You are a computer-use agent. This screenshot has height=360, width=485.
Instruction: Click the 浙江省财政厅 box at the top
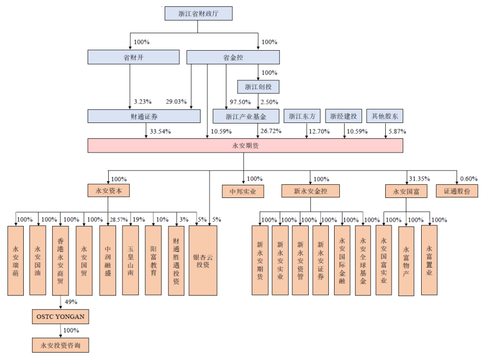point(198,14)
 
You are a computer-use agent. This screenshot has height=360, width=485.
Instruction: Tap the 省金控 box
point(233,57)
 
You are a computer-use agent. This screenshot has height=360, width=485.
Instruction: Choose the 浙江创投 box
point(258,87)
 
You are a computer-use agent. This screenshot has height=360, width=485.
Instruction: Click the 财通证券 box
point(144,116)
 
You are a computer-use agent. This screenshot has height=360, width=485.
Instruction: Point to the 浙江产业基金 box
point(246,116)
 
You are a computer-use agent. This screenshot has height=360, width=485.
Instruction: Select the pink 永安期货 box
point(245,146)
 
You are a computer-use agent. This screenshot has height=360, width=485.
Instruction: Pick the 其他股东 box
point(385,116)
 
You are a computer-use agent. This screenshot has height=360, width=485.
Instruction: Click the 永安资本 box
point(109,191)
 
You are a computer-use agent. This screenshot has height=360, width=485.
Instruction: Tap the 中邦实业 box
point(243,191)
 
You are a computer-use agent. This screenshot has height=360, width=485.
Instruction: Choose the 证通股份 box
point(457,191)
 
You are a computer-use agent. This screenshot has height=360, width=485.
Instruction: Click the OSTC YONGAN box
point(60,317)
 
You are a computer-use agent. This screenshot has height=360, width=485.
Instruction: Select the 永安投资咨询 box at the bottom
point(60,346)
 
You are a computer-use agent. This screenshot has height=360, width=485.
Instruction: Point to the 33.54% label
point(160,131)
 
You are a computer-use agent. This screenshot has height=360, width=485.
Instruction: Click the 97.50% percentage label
point(240,102)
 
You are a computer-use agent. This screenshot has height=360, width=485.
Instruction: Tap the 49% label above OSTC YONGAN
point(71,302)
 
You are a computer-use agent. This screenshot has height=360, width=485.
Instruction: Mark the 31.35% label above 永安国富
point(419,178)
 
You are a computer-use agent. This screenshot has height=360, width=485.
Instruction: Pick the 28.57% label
point(118,219)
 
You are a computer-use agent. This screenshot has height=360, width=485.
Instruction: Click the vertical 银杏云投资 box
point(203,260)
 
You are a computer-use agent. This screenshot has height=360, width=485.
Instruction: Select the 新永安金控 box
point(310,191)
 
